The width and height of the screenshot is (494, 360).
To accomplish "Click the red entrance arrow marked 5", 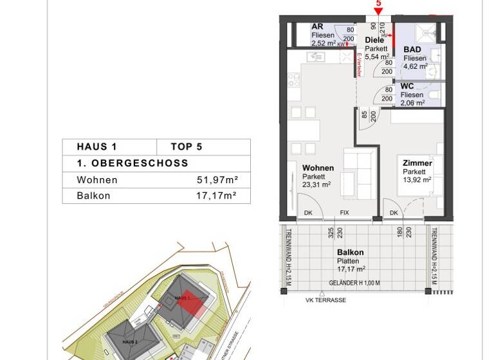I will [378, 9].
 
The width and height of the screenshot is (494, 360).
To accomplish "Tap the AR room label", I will [317, 26].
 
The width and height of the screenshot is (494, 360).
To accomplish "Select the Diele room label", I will [374, 40].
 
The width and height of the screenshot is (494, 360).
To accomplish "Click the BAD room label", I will [412, 50].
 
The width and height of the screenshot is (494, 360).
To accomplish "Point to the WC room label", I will [407, 85].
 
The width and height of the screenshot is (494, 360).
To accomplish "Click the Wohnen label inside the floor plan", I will [318, 168].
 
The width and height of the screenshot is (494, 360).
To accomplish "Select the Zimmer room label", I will [417, 163].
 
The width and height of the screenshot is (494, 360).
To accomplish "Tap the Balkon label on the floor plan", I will [351, 253].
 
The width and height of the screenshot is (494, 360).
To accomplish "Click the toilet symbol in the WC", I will [435, 95].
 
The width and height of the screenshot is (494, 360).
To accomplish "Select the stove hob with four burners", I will [294, 80].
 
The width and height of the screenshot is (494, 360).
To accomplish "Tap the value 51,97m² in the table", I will [216, 180].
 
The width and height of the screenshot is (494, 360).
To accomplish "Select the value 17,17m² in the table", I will [216, 195].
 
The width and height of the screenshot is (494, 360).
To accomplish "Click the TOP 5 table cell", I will [187, 147].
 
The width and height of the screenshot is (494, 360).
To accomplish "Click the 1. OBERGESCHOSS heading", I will [132, 163].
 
